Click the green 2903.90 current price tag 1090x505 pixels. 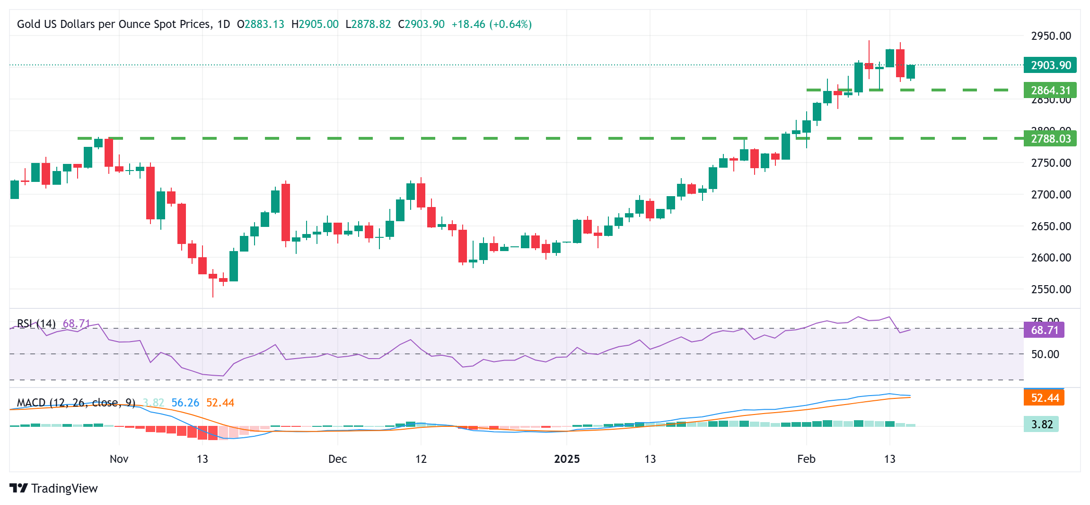[x=1050, y=65]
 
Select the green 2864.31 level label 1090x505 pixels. [x=1050, y=90]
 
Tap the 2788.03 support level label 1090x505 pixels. [x=1050, y=138]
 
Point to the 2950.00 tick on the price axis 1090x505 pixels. [x=1051, y=36]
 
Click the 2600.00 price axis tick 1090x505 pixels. [x=1051, y=258]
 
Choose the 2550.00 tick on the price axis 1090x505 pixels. [x=1051, y=289]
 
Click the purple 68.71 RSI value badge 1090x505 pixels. [x=1044, y=330]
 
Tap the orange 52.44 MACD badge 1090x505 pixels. [x=1044, y=397]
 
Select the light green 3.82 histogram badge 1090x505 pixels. [x=1041, y=424]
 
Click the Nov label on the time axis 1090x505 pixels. [x=119, y=459]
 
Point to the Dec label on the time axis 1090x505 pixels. [x=337, y=459]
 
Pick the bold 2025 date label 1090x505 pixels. [x=567, y=459]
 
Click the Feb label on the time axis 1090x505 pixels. [x=806, y=459]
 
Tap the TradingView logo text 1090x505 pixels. [x=64, y=488]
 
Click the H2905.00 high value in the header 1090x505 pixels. [x=315, y=24]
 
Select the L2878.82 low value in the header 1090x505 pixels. [x=368, y=24]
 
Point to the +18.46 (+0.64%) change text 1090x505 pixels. [x=492, y=24]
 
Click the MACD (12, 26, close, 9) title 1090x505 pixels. [x=76, y=403]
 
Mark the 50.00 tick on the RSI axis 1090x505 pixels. [x=1045, y=354]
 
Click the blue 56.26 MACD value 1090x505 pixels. [x=185, y=403]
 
